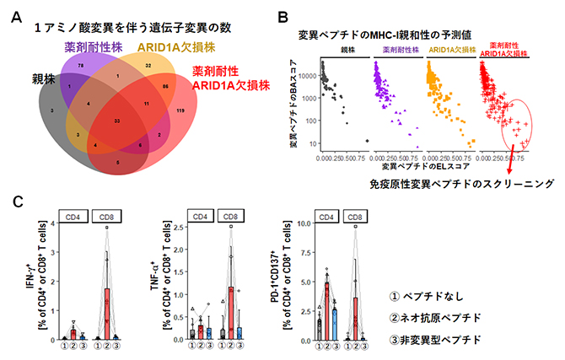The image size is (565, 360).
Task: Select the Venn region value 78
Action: (82, 64)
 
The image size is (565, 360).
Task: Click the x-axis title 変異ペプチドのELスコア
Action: (379, 169)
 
